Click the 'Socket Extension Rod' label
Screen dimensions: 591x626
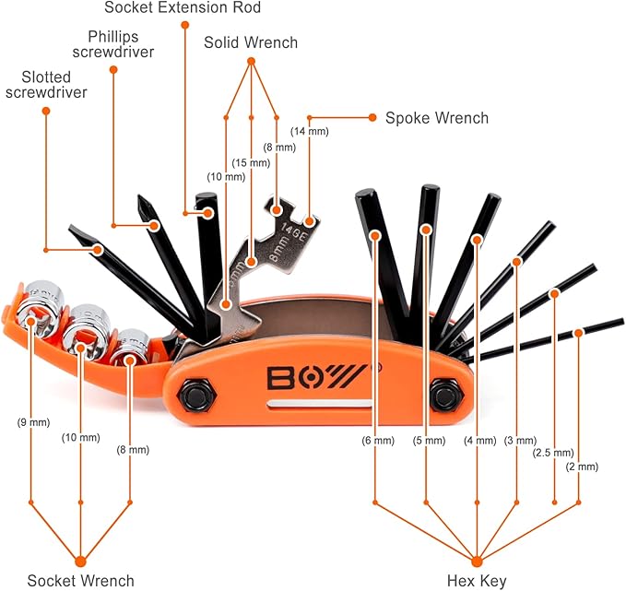tap(183, 8)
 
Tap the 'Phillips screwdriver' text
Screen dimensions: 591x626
tap(113, 44)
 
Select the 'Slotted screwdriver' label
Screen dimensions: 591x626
tap(46, 86)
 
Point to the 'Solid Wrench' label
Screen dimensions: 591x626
tap(251, 42)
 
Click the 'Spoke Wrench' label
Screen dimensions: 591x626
tap(436, 118)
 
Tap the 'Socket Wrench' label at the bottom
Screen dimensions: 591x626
tap(80, 580)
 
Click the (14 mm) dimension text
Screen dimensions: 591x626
tap(309, 132)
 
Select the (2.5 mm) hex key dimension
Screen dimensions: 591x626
tap(553, 452)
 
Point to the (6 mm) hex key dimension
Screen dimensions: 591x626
tap(376, 441)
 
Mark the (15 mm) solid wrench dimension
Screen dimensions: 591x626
tap(251, 162)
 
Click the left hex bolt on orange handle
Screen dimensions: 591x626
tap(195, 394)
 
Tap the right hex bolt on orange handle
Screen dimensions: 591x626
tap(446, 394)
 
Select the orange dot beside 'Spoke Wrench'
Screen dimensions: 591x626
tap(372, 118)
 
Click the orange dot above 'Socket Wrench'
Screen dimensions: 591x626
tap(80, 560)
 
